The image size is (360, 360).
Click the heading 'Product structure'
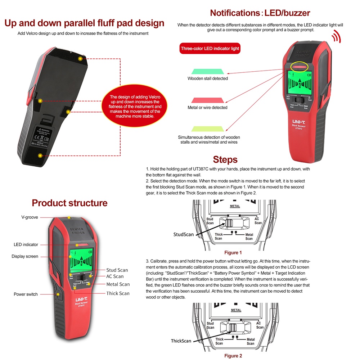tap(69, 203)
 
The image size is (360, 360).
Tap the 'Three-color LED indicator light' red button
tap(210, 48)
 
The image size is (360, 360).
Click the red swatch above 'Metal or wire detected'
tap(208, 100)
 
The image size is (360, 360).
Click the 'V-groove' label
tap(30, 217)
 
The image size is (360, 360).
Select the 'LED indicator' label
tap(26, 244)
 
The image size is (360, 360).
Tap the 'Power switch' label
tap(26, 294)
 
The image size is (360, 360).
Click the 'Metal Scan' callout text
tap(118, 284)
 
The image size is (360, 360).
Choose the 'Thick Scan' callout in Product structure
tap(118, 293)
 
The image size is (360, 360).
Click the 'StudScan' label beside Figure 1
tap(184, 234)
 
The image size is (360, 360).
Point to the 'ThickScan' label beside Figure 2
tap(181, 341)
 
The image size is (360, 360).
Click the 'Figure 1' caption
tap(233, 253)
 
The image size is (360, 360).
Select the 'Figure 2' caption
tap(233, 356)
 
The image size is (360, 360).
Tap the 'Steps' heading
tap(225, 159)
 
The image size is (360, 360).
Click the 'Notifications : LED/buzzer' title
tap(260, 13)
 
